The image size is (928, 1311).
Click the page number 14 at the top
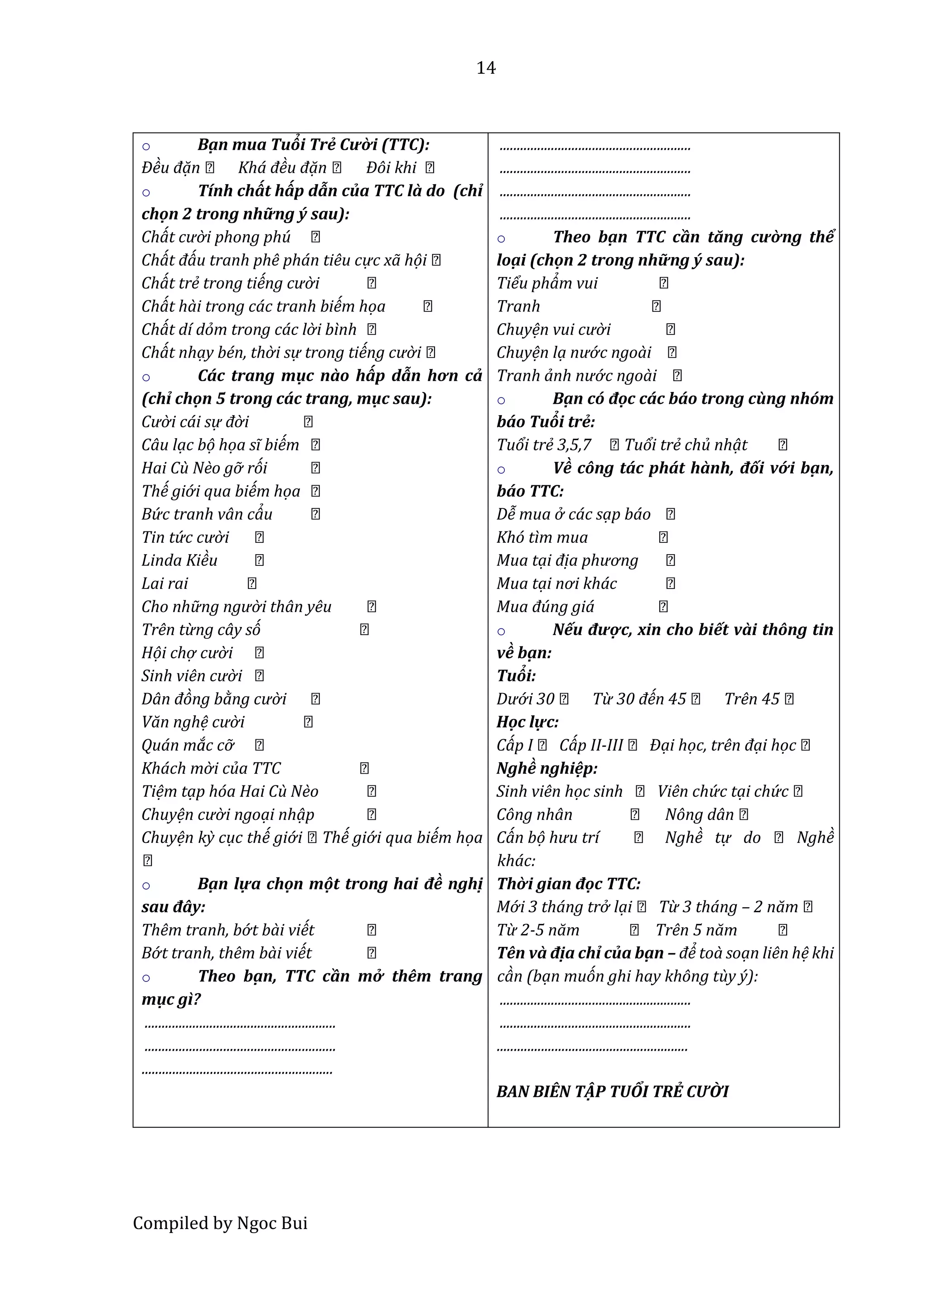point(486,68)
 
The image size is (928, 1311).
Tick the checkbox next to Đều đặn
point(210,168)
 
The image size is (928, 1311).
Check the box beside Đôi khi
point(430,168)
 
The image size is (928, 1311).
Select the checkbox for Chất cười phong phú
point(315,237)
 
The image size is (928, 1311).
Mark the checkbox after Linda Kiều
point(260,560)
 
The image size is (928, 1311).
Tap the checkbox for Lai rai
point(252,584)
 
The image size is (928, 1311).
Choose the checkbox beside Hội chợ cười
point(260,653)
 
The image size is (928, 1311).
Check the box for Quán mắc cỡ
point(260,745)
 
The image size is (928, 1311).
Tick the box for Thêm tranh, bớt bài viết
point(372,930)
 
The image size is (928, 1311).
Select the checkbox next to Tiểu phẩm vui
point(663,283)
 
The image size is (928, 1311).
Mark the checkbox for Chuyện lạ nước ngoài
point(672,352)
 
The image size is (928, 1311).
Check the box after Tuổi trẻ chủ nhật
point(783,445)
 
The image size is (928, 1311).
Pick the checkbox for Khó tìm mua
point(663,537)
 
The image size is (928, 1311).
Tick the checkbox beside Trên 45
point(789,699)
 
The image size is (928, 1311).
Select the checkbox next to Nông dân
point(744,815)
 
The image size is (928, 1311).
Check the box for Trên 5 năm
point(783,930)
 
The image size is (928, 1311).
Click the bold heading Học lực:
point(527,722)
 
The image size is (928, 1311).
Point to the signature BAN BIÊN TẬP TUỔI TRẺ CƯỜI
point(613,1092)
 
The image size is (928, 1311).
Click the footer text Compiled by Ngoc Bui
point(220,1223)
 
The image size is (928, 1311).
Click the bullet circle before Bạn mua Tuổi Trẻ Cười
point(146,147)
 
